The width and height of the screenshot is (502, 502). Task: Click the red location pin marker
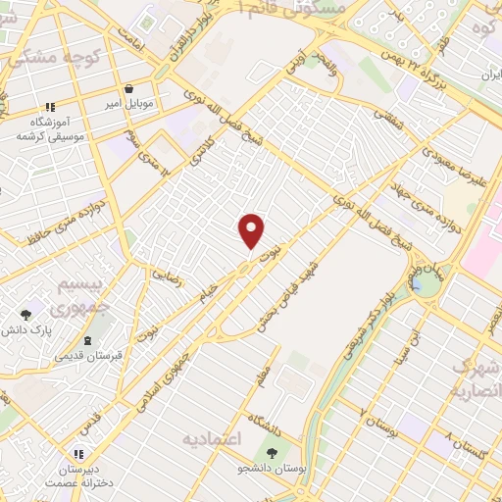252,231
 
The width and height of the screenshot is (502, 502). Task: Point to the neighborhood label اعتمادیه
211,438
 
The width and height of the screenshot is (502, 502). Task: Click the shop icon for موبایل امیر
127,88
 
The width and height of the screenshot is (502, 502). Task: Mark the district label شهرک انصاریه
475,377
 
